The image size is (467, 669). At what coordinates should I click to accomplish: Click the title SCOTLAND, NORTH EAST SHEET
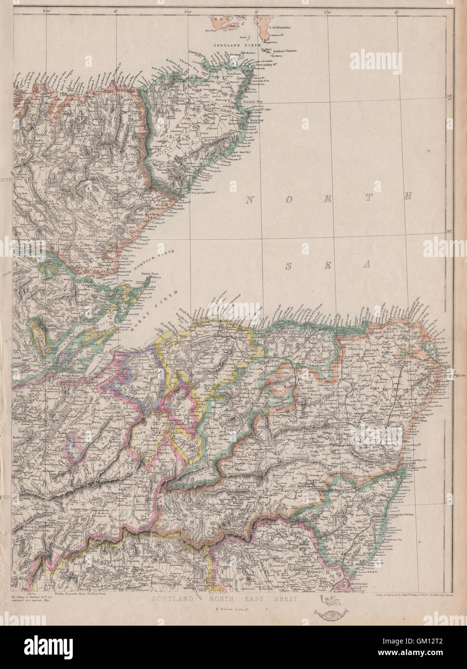226,600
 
